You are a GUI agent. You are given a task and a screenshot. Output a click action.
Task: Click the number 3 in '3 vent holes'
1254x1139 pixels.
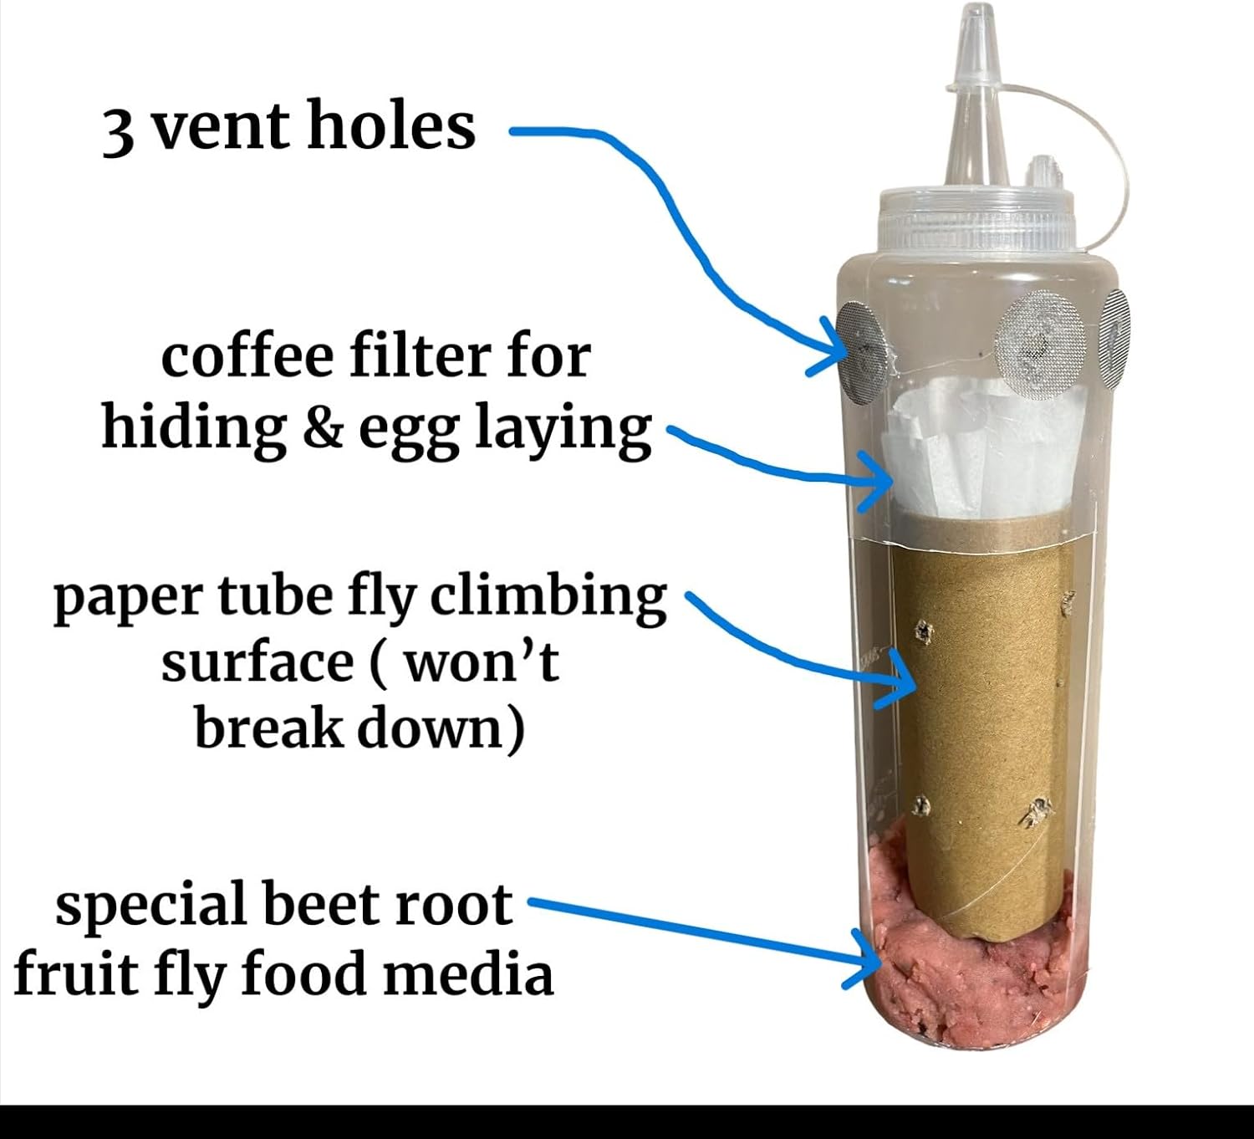pos(118,131)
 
